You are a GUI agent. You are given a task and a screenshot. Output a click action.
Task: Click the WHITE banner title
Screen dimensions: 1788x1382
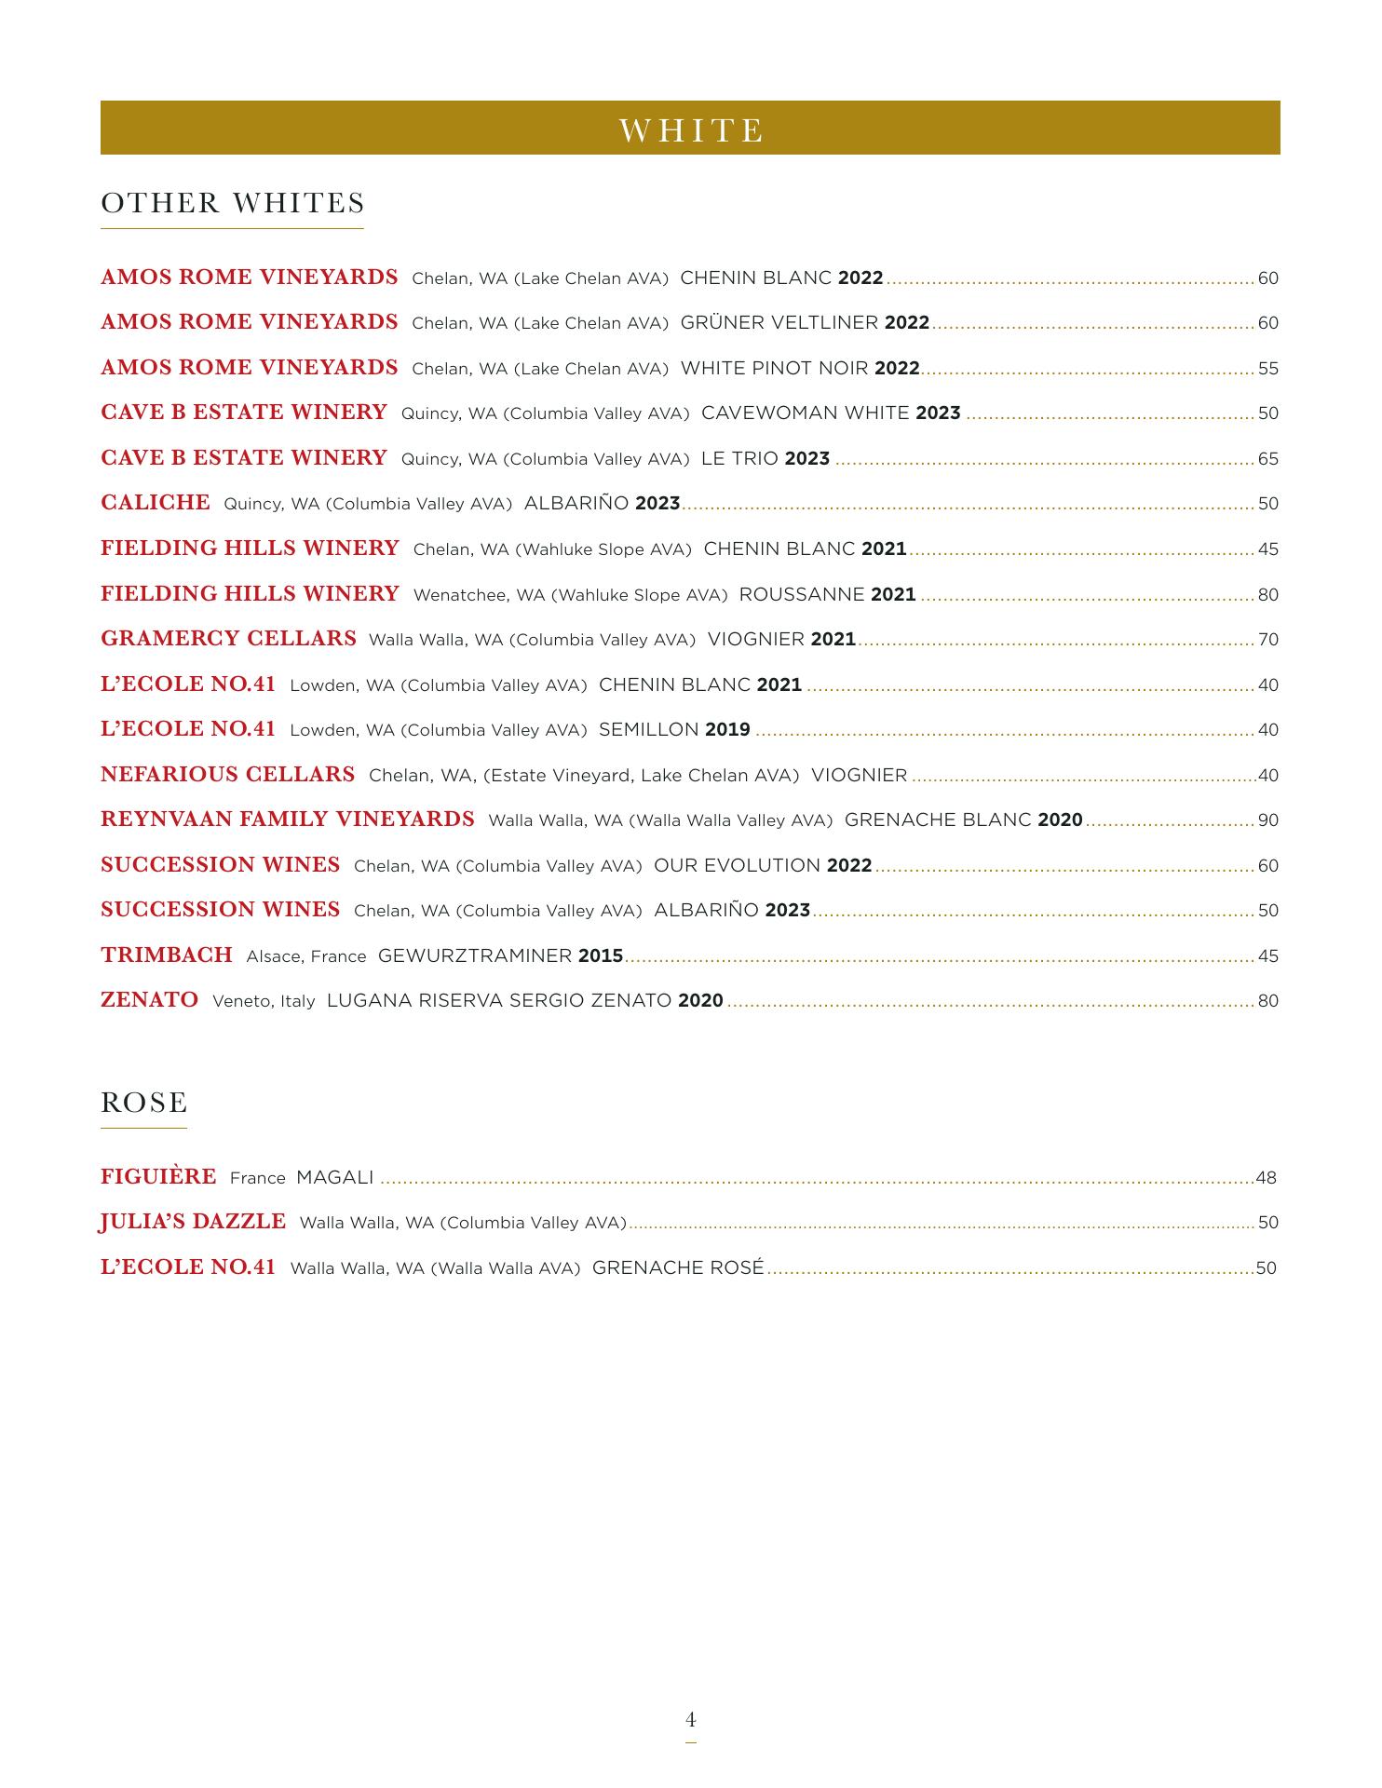pyautogui.click(x=691, y=129)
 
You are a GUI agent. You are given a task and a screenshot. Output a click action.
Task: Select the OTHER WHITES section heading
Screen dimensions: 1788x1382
pyautogui.click(x=233, y=203)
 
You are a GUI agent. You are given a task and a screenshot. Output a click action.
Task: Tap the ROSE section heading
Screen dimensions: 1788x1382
pyautogui.click(x=144, y=1103)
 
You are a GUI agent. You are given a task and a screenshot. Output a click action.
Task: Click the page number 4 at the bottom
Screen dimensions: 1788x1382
pyautogui.click(x=691, y=1719)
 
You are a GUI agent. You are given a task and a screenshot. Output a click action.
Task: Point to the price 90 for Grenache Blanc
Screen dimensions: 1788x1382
pyautogui.click(x=1267, y=820)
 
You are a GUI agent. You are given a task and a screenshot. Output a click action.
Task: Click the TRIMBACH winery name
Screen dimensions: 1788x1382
pyautogui.click(x=167, y=955)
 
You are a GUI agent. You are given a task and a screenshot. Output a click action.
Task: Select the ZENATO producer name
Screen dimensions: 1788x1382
pyautogui.click(x=149, y=1000)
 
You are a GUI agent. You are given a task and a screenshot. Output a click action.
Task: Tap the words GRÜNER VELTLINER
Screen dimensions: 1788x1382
pyautogui.click(x=779, y=323)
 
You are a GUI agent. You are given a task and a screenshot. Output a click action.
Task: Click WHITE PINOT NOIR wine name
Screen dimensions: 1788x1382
pyautogui.click(x=775, y=369)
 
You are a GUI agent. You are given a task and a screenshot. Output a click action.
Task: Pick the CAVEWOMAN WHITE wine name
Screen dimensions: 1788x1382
pyautogui.click(x=805, y=413)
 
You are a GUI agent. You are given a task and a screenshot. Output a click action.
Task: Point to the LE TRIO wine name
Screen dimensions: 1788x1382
pyautogui.click(x=739, y=459)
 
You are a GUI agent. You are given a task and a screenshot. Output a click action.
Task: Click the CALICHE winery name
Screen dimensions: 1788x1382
pyautogui.click(x=156, y=503)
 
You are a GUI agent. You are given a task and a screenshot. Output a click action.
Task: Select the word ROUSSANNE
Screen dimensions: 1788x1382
pyautogui.click(x=802, y=594)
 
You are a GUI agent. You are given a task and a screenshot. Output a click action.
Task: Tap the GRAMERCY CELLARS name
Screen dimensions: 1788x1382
pyautogui.click(x=228, y=639)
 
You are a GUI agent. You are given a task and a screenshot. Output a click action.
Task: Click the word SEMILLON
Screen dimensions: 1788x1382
pyautogui.click(x=648, y=730)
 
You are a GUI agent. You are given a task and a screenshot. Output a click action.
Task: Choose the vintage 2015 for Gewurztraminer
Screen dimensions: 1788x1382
pyautogui.click(x=601, y=956)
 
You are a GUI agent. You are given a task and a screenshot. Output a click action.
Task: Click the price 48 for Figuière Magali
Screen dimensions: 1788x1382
pyautogui.click(x=1266, y=1178)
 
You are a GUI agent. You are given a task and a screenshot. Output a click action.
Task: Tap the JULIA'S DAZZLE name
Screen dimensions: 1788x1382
pyautogui.click(x=193, y=1222)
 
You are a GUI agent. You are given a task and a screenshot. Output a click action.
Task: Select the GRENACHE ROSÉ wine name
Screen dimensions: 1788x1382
pyautogui.click(x=678, y=1267)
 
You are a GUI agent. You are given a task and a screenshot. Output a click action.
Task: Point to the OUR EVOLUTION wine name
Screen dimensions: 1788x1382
pyautogui.click(x=737, y=866)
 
